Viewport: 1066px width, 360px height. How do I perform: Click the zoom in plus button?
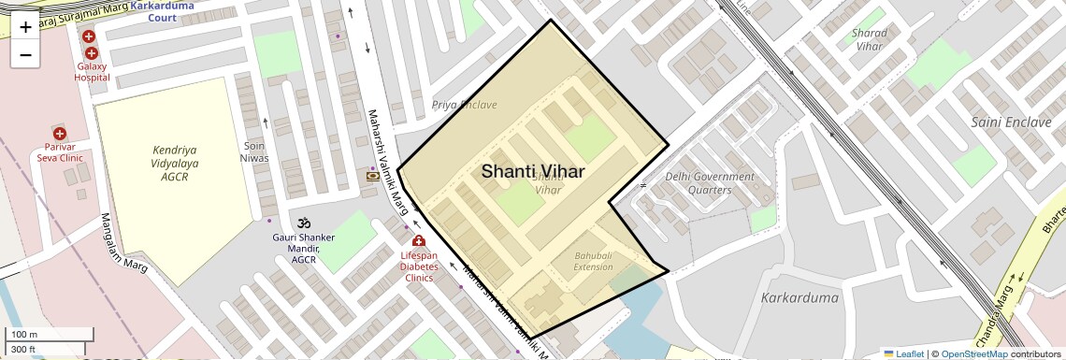(25, 27)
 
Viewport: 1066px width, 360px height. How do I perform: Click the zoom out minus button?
(25, 55)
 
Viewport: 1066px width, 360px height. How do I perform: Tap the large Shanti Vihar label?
(533, 171)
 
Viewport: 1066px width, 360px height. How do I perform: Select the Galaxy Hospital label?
(92, 71)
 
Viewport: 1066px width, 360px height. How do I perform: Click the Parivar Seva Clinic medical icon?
(59, 133)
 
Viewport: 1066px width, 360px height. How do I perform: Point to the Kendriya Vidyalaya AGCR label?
(175, 163)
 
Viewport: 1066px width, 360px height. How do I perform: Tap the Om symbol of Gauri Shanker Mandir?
(303, 223)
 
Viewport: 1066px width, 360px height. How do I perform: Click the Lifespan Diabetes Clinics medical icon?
(418, 241)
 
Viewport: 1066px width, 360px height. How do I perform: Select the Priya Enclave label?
(464, 105)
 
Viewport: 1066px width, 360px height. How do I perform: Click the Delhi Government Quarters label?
(710, 183)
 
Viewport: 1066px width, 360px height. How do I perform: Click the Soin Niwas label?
(255, 151)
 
